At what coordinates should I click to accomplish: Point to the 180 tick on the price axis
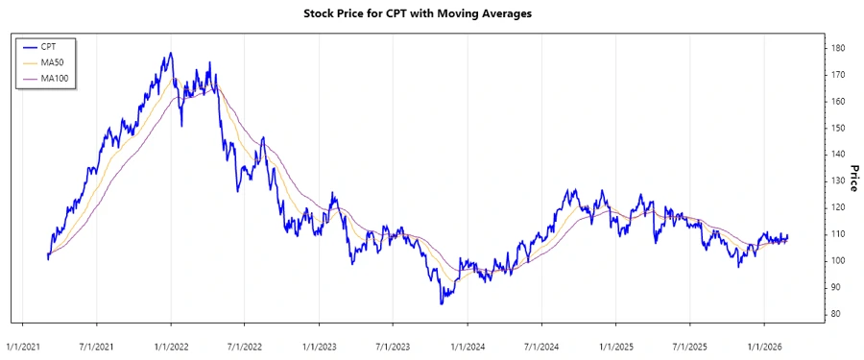click(839, 48)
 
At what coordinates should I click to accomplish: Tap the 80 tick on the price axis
click(837, 314)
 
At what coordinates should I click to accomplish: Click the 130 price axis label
click(839, 180)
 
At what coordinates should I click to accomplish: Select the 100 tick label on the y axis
click(839, 260)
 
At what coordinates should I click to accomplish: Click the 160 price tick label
click(839, 101)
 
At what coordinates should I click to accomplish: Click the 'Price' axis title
click(852, 180)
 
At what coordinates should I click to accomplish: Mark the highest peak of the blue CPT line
click(171, 53)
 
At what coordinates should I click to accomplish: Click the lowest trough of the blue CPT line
click(442, 304)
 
